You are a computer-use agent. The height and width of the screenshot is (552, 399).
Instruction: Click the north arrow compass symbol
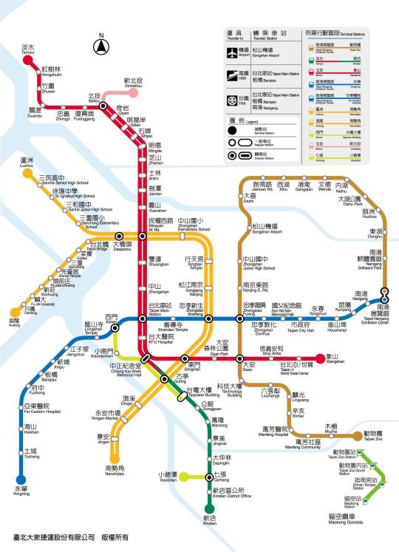click(x=100, y=47)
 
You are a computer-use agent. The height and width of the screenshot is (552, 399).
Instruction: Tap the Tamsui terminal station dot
click(x=28, y=61)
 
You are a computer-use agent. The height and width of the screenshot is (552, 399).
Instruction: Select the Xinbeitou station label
click(x=133, y=84)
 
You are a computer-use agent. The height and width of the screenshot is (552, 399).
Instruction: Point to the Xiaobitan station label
click(x=168, y=476)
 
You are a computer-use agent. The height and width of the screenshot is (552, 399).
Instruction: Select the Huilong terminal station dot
click(x=15, y=313)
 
